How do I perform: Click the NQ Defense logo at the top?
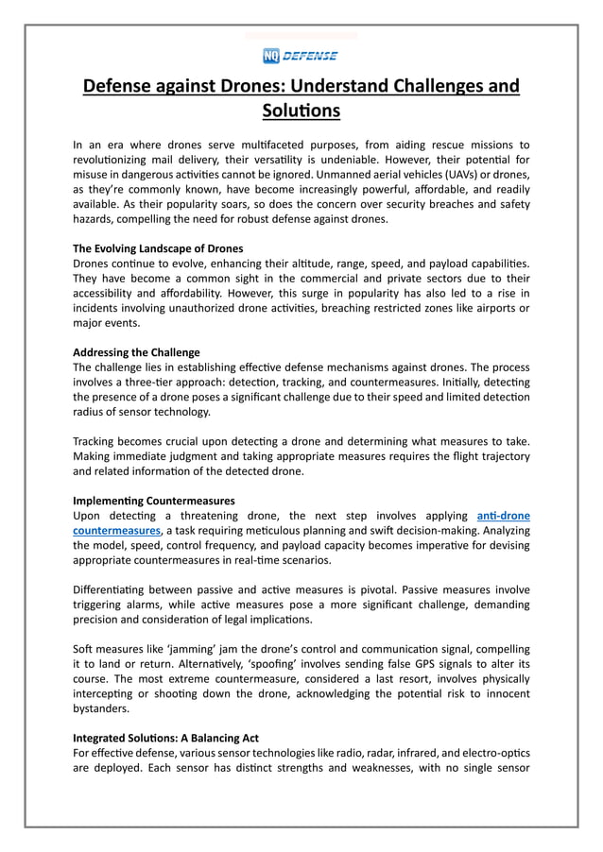click(x=301, y=55)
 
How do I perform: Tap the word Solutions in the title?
click(x=301, y=111)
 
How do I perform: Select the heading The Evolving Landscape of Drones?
click(x=157, y=248)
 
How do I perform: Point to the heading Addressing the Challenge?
click(x=136, y=352)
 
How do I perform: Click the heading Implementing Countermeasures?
click(x=153, y=500)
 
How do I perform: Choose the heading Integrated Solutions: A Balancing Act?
click(x=165, y=737)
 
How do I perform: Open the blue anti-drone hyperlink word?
click(x=504, y=516)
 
